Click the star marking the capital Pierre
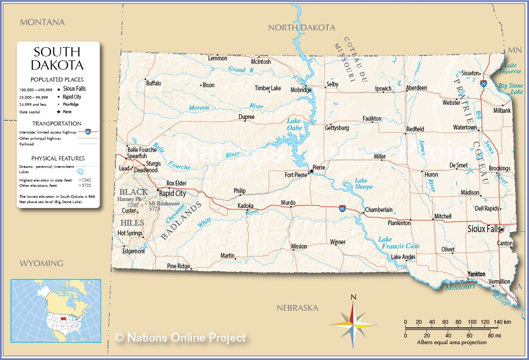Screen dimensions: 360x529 (312, 171)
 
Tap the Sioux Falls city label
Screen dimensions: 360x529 (484, 229)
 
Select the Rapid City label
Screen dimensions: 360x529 (172, 193)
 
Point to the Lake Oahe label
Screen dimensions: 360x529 (294, 124)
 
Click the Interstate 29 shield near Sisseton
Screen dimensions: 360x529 (483, 83)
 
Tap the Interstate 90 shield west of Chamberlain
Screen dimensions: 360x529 (342, 208)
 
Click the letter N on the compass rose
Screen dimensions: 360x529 (353, 297)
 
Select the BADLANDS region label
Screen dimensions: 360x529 (181, 220)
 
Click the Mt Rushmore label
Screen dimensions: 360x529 (164, 204)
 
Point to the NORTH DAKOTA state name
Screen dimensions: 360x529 (302, 28)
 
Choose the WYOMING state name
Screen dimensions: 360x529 (41, 264)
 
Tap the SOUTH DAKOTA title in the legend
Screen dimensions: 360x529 (57, 59)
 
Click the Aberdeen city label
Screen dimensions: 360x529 (416, 88)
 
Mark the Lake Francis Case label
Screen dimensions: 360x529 (399, 243)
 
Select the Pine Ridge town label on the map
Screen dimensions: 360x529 (178, 266)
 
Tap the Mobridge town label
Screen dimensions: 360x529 (301, 90)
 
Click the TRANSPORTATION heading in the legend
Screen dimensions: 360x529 (57, 124)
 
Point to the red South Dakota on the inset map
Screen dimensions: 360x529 (64, 318)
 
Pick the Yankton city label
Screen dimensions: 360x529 (476, 274)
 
